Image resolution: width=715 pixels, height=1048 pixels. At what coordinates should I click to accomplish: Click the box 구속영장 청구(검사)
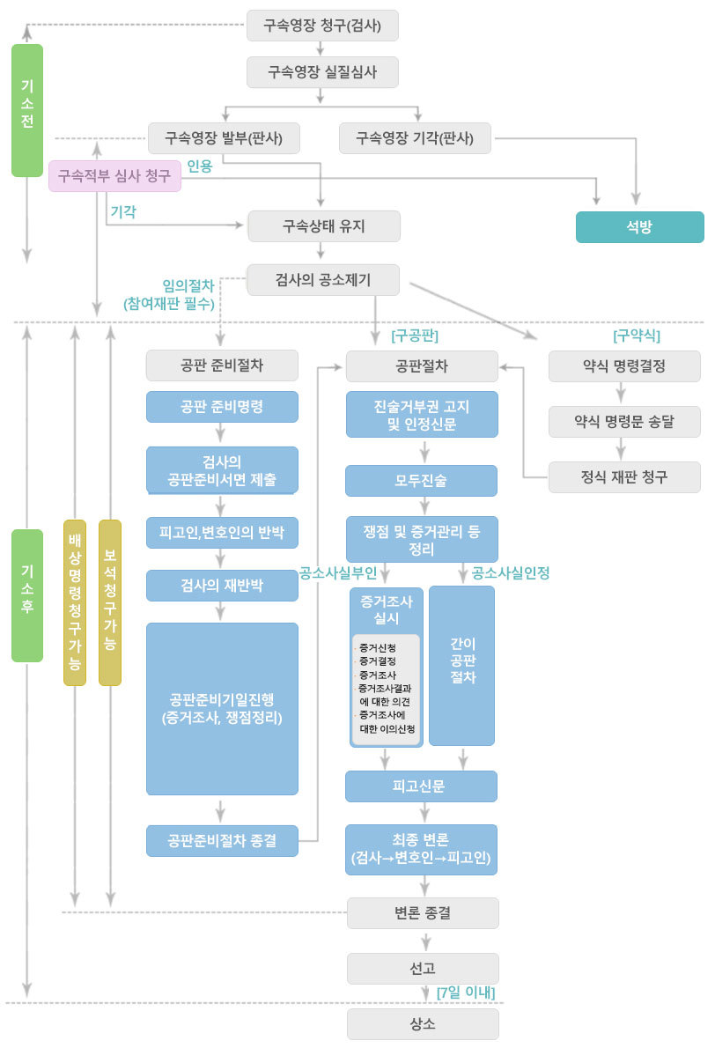click(322, 26)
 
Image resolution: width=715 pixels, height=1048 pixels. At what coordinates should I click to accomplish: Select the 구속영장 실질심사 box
click(322, 72)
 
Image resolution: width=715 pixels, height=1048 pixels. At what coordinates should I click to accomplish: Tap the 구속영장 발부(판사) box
click(223, 138)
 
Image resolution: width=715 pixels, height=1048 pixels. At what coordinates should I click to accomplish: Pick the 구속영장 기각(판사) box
click(415, 138)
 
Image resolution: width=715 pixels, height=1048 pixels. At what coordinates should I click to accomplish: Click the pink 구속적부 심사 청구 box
click(114, 176)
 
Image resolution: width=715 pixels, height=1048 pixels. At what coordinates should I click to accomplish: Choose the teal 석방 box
click(639, 226)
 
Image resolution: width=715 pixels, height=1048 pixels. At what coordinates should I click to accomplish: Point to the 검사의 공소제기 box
click(323, 280)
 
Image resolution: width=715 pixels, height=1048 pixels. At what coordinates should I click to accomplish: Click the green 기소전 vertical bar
click(26, 110)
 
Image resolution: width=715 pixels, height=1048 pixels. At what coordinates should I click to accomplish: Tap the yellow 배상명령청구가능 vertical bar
click(75, 603)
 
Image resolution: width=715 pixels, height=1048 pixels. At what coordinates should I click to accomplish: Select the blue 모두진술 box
click(421, 481)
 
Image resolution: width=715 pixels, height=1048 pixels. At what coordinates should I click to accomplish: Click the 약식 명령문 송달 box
click(624, 422)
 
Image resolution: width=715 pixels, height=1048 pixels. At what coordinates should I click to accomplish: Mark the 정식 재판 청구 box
click(624, 477)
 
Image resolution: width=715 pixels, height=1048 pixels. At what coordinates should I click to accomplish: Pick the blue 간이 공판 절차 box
click(461, 666)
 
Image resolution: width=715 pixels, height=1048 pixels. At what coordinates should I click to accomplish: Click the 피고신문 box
click(421, 786)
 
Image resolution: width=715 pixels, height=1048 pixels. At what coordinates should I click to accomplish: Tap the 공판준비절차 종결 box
click(222, 841)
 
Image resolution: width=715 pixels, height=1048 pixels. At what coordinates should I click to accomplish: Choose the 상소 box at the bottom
click(423, 1024)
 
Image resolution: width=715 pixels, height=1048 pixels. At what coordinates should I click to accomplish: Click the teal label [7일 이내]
click(466, 993)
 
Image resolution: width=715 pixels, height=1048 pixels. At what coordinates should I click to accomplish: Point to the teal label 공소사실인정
click(511, 572)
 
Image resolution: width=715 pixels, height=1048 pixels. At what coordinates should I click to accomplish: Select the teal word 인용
click(199, 166)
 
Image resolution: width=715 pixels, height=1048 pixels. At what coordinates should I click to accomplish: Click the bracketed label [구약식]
click(636, 336)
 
